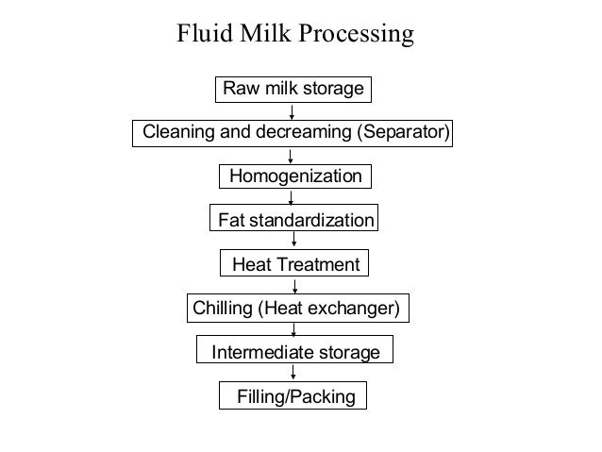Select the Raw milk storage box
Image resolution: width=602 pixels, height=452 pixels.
click(x=293, y=89)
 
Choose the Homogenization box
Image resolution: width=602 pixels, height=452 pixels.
click(x=295, y=176)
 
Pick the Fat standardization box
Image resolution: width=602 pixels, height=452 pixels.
click(x=295, y=220)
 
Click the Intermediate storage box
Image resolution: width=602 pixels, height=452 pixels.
click(x=295, y=353)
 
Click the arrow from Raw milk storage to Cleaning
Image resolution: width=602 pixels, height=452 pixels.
click(x=293, y=110)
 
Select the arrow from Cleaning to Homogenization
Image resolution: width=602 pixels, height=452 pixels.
click(x=292, y=154)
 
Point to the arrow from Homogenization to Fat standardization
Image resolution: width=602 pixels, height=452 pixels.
click(x=292, y=198)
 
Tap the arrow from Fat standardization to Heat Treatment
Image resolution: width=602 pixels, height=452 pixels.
click(x=293, y=243)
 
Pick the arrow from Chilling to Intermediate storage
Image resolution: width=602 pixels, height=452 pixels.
click(x=295, y=330)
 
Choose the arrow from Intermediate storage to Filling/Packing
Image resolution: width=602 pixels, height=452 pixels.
click(x=294, y=375)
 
